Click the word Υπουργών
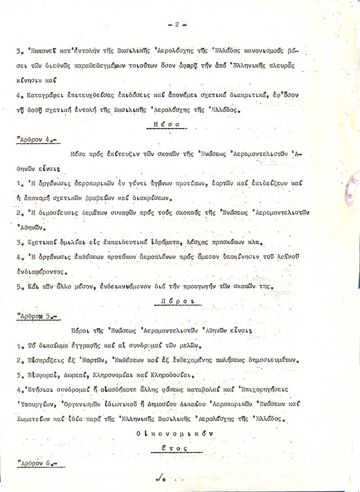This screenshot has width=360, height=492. (33, 404)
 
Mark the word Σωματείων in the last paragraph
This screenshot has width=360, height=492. (33, 419)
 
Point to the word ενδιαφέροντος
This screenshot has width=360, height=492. (41, 272)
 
